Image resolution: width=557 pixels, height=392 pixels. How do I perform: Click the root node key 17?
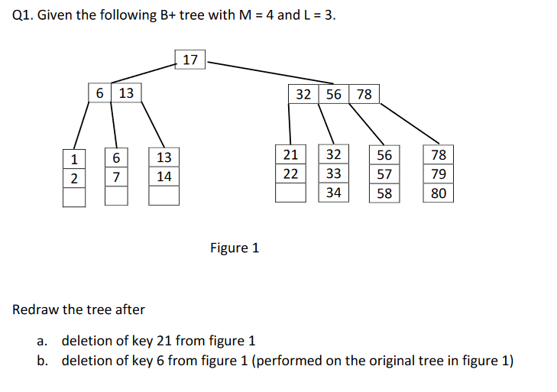[x=190, y=60]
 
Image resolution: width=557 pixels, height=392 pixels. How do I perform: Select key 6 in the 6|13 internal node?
[x=101, y=93]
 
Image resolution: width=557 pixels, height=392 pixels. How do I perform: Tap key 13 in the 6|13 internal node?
[x=126, y=93]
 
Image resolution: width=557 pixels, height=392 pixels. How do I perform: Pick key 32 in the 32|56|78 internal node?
[x=304, y=94]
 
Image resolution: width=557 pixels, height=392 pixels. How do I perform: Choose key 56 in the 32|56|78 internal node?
[x=334, y=94]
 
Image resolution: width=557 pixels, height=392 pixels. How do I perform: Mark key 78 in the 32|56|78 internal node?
[x=364, y=94]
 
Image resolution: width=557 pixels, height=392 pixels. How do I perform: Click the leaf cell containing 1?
[x=74, y=159]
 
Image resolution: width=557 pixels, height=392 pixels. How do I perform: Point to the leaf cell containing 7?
[x=115, y=177]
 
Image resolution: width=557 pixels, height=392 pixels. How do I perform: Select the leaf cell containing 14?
[x=164, y=177]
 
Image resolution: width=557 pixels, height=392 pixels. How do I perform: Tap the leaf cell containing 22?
[x=290, y=173]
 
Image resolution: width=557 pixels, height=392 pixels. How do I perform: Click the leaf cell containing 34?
[x=333, y=193]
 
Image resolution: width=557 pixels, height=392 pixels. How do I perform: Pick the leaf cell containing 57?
[x=384, y=174]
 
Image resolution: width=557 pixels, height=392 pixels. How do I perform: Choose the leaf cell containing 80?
[x=439, y=193]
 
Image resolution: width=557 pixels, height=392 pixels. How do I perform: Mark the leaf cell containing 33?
[x=333, y=173]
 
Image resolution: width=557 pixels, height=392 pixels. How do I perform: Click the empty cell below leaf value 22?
[x=290, y=193]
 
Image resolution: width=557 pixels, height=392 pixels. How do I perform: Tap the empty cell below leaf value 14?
[x=164, y=196]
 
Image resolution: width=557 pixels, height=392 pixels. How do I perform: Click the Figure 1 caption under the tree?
[x=235, y=248]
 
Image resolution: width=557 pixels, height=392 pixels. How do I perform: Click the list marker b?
[x=44, y=361]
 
